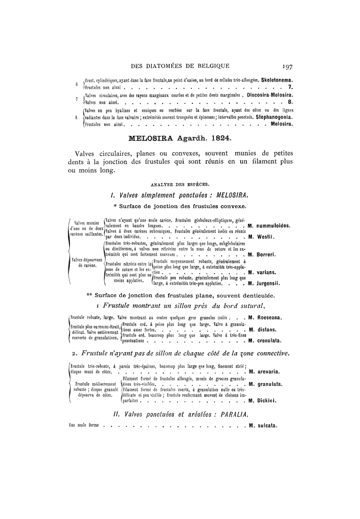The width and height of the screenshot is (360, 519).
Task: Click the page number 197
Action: coord(287,65)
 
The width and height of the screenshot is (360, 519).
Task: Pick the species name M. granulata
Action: coord(266,384)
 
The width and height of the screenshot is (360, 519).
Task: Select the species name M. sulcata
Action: coord(263,425)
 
